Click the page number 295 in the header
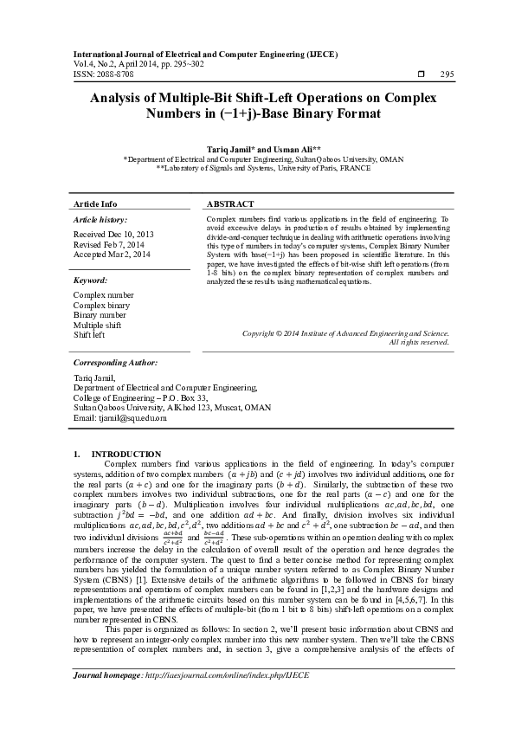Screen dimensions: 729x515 pos(447,74)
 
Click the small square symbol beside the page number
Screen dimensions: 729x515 pos(421,74)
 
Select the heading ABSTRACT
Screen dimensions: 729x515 pos(230,203)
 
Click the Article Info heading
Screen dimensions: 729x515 pos(95,203)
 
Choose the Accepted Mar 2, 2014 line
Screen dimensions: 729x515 pos(112,255)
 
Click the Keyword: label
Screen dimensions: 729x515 pos(91,281)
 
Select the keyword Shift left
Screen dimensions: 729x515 pos(89,333)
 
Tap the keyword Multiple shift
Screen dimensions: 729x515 pos(97,324)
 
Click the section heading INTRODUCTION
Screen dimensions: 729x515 pos(126,454)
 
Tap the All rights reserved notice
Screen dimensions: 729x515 pos(419,342)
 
